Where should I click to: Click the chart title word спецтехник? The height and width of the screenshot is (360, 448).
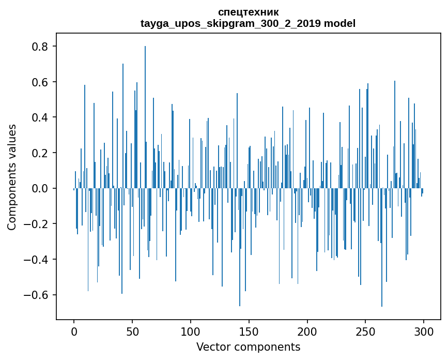click(248, 12)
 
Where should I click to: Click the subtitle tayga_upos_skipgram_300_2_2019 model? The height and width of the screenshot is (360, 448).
click(248, 23)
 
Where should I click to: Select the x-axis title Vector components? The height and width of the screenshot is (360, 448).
click(248, 347)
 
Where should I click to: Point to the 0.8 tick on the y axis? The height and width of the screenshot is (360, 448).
click(40, 47)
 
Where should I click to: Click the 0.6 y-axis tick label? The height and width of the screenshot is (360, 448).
click(40, 82)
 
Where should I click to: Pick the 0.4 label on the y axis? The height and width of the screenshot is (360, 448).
click(40, 117)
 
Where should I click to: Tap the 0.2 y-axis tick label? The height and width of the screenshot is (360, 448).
click(40, 153)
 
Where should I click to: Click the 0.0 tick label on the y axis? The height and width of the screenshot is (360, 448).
click(40, 188)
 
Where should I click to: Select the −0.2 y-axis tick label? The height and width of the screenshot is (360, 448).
click(37, 224)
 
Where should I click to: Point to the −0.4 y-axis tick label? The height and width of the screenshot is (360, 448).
click(37, 259)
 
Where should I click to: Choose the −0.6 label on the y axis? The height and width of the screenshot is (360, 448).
click(37, 295)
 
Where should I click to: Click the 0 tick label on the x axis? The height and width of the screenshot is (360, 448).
click(74, 330)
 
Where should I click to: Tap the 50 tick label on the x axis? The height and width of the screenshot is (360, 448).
click(132, 330)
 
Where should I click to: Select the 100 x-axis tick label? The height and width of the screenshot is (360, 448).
click(191, 330)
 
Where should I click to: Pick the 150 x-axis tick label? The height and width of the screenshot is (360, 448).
click(249, 330)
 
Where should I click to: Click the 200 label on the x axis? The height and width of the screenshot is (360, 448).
click(307, 330)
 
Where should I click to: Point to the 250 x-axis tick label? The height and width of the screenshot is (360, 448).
click(365, 330)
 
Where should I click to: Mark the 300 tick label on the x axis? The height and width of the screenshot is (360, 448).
click(424, 330)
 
